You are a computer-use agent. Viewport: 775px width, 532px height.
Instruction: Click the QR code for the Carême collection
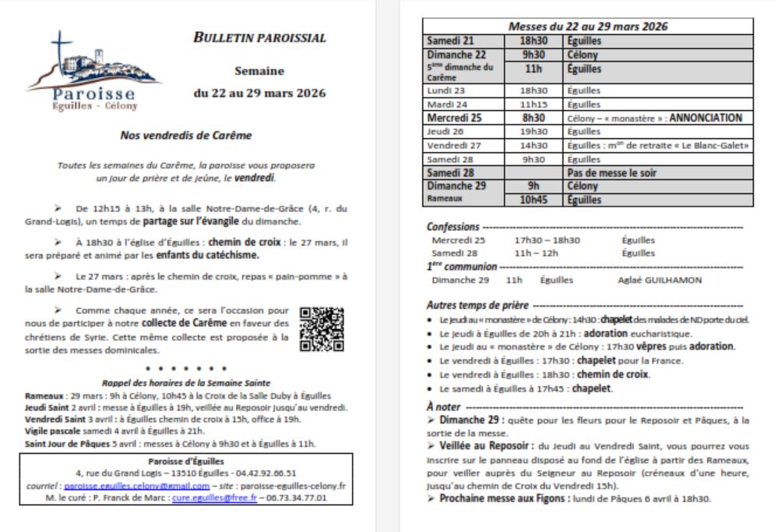[321, 328]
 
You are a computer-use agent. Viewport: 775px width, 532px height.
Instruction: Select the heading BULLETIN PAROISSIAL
[259, 37]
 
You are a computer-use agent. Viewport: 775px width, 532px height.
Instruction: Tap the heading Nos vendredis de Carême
[186, 135]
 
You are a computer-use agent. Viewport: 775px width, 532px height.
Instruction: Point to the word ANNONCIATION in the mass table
[703, 118]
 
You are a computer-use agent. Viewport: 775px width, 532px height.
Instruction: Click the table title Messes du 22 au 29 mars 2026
[588, 26]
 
